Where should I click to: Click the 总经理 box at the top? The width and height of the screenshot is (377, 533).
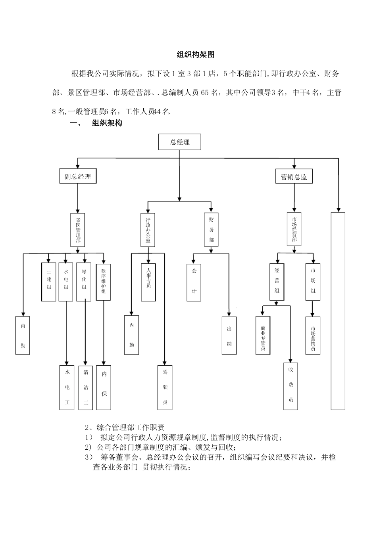pyautogui.click(x=180, y=142)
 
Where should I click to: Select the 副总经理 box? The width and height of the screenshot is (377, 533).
pyautogui.click(x=78, y=176)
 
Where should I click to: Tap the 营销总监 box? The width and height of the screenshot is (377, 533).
pyautogui.click(x=294, y=176)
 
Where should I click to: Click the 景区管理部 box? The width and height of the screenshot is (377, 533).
pyautogui.click(x=78, y=230)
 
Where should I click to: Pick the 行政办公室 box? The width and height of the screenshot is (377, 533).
pyautogui.click(x=148, y=230)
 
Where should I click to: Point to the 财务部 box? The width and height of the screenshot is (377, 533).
pyautogui.click(x=212, y=230)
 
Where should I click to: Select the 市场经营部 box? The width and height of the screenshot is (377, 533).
pyautogui.click(x=294, y=230)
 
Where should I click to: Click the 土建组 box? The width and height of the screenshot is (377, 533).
pyautogui.click(x=49, y=282)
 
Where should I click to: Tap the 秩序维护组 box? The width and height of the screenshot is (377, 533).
pyautogui.click(x=103, y=282)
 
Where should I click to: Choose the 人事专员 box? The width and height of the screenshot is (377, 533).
pyautogui.click(x=148, y=282)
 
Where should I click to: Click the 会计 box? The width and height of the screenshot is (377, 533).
pyautogui.click(x=194, y=282)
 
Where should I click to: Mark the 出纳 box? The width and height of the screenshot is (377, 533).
pyautogui.click(x=229, y=335)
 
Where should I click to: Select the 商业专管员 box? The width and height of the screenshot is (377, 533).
pyautogui.click(x=263, y=335)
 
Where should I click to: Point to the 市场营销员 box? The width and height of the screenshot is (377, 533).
pyautogui.click(x=313, y=335)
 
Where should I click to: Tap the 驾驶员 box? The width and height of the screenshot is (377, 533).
pyautogui.click(x=165, y=387)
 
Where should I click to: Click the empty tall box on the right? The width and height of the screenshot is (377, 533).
pyautogui.click(x=338, y=311)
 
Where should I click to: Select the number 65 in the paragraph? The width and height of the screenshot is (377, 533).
pyautogui.click(x=205, y=93)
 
